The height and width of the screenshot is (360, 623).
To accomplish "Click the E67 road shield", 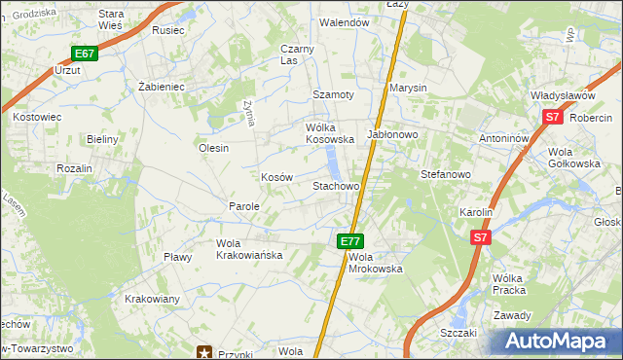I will [84, 54].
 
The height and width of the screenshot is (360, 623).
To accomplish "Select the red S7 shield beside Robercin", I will [552, 117].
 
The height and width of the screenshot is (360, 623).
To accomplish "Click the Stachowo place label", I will [336, 185].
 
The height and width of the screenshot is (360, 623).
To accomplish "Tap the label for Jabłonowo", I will [392, 133].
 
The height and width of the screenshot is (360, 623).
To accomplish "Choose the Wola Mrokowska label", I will [375, 262].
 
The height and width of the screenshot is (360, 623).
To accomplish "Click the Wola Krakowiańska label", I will [248, 249].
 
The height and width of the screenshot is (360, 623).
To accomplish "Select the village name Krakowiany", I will [152, 299].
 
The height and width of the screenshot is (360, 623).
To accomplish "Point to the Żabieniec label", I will [162, 86].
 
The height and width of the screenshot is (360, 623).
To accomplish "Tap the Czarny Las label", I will [296, 54].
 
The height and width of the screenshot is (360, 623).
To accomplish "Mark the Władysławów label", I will [562, 95].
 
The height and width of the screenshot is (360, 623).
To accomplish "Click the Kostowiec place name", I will [37, 116].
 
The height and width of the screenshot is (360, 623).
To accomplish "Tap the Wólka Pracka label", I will [509, 284].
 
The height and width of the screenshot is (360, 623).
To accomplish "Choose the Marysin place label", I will [408, 88].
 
